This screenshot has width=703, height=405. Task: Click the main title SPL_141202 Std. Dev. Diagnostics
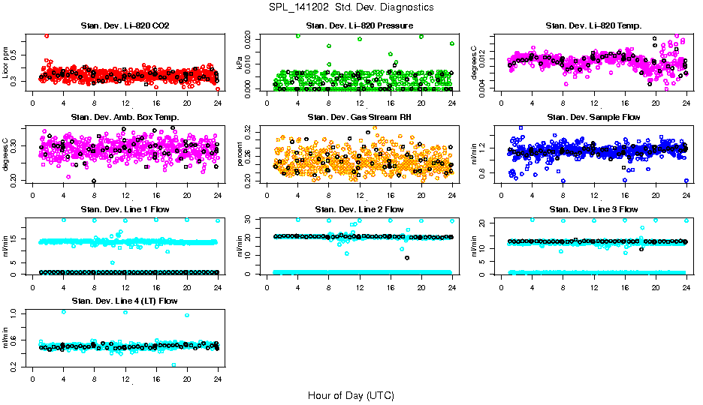(351, 7)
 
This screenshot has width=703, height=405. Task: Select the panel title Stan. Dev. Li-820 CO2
(125, 25)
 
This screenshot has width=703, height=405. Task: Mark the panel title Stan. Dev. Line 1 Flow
(125, 209)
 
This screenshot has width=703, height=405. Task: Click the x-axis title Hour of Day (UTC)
(351, 394)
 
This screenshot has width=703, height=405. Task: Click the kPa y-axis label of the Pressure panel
(241, 62)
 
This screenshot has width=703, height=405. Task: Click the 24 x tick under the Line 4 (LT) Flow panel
(218, 378)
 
